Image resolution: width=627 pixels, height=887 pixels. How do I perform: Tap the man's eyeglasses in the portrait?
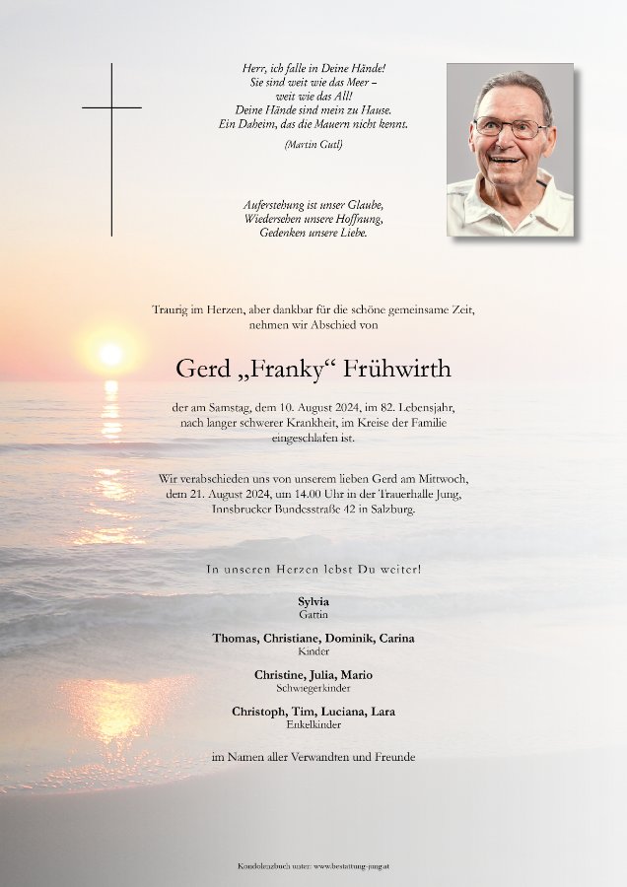pyautogui.click(x=509, y=128)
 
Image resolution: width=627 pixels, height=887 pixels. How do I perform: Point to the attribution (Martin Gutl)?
pyautogui.click(x=313, y=145)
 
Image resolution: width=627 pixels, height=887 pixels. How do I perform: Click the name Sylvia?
pyautogui.click(x=313, y=601)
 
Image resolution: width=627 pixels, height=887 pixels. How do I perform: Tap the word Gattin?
pyautogui.click(x=313, y=614)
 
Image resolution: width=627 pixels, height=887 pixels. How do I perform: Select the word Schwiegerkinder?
pyautogui.click(x=313, y=688)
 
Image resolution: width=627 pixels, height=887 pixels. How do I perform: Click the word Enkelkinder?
pyautogui.click(x=313, y=724)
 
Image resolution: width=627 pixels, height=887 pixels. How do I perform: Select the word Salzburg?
pyautogui.click(x=390, y=509)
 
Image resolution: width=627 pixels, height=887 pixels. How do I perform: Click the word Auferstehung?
pyautogui.click(x=272, y=204)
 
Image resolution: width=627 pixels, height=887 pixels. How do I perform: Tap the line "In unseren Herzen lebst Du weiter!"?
pyautogui.click(x=313, y=570)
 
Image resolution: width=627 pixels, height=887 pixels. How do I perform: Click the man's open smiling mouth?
pyautogui.click(x=506, y=158)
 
